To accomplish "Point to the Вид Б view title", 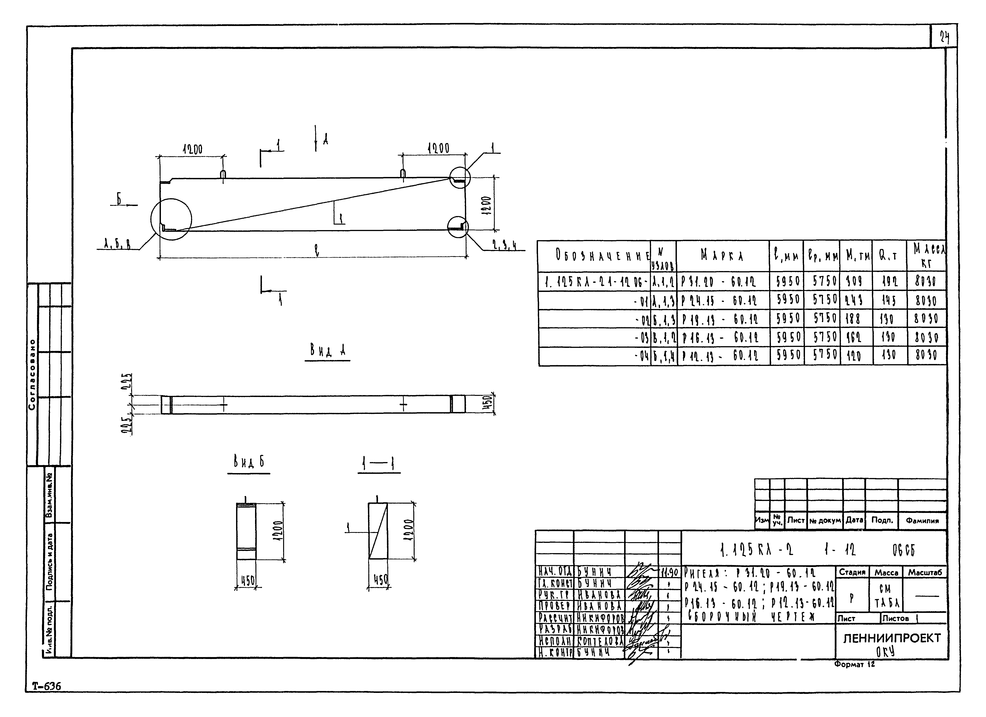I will coord(248,463).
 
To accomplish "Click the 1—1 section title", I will coord(379,465).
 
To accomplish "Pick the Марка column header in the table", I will coord(722,256).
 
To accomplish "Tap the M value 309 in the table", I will coord(855,283).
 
